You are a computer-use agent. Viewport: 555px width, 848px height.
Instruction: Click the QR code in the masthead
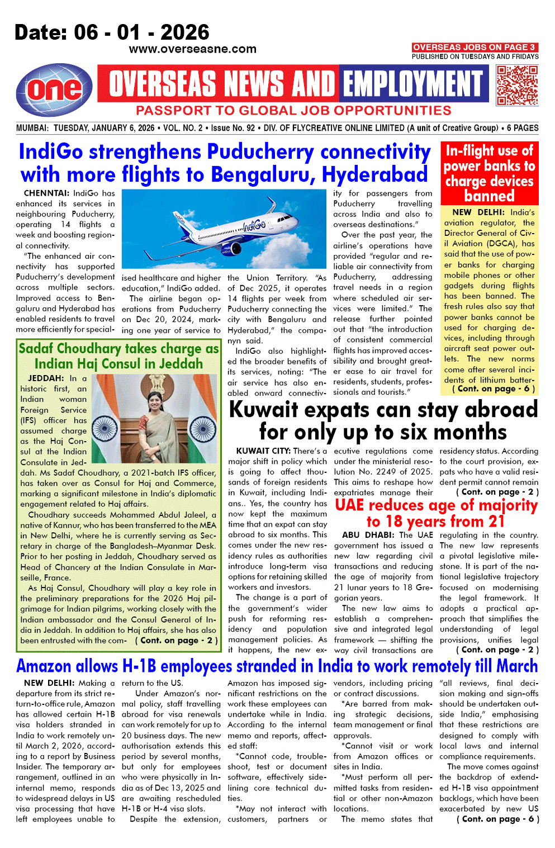(x=517, y=85)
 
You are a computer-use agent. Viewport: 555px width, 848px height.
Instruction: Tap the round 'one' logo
(x=54, y=89)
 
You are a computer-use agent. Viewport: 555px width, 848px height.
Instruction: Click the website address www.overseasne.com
(x=192, y=49)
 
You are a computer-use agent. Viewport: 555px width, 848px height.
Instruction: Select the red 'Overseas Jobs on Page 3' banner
(x=475, y=48)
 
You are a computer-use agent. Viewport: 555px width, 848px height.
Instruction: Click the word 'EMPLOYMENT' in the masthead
(x=412, y=84)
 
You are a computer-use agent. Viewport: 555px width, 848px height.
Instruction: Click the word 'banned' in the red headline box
(x=489, y=196)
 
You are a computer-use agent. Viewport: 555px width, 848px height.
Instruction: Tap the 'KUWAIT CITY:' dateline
(x=263, y=451)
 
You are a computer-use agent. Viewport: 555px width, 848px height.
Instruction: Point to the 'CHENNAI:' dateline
(x=47, y=193)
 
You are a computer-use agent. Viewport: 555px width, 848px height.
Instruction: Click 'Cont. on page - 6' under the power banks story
(x=494, y=389)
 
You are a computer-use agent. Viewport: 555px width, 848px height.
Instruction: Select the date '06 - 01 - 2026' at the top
(x=112, y=32)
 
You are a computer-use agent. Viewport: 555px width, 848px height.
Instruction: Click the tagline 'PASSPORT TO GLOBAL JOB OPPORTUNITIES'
(x=293, y=111)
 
